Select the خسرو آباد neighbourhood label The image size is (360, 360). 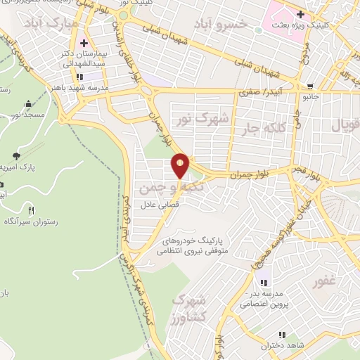click(x=221, y=25)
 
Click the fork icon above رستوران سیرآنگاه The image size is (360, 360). click(x=30, y=210)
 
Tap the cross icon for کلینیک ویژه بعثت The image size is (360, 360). click(x=300, y=13)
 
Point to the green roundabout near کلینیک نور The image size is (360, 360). click(x=124, y=14)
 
